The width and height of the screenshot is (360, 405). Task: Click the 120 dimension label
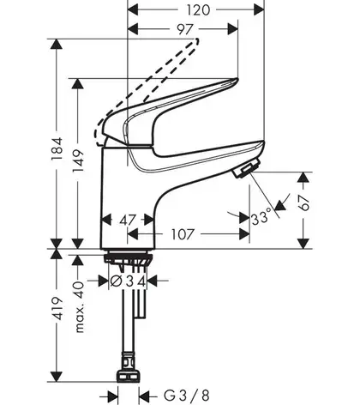(198, 10)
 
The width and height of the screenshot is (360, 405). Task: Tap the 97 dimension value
(185, 29)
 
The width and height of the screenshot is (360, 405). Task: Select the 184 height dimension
(57, 148)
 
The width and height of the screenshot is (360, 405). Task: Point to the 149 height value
(78, 160)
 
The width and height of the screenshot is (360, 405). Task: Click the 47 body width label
(128, 220)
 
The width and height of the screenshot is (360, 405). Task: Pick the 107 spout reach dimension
(183, 234)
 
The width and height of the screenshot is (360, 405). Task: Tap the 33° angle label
(261, 216)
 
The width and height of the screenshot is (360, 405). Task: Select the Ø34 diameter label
(128, 281)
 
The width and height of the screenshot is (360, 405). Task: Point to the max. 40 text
(80, 307)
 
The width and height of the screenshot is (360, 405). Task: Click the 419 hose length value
(57, 308)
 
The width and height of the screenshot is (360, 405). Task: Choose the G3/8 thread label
(186, 396)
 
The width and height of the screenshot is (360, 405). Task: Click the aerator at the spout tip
(247, 169)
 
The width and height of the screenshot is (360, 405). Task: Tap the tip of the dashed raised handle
(196, 40)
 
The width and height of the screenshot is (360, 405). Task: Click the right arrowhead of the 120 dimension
(259, 10)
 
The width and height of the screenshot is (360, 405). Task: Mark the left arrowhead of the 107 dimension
(133, 234)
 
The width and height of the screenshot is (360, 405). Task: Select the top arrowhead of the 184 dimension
(57, 44)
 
